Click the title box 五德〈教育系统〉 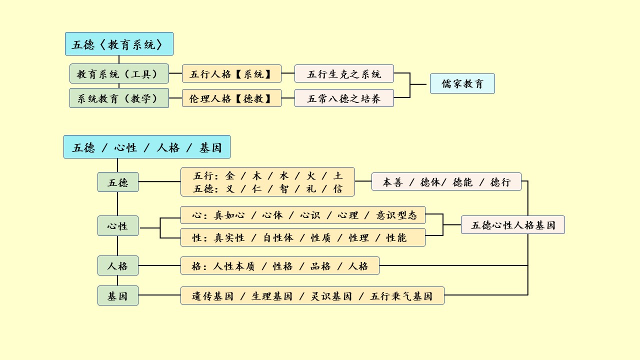pyautogui.click(x=119, y=44)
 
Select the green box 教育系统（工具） pyautogui.click(x=119, y=73)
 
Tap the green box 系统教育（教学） pyautogui.click(x=119, y=98)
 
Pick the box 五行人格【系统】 pyautogui.click(x=231, y=73)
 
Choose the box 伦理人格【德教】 pyautogui.click(x=231, y=98)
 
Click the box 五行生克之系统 pyautogui.click(x=344, y=73)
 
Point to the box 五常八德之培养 pyautogui.click(x=344, y=98)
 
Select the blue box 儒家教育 pyautogui.click(x=462, y=83)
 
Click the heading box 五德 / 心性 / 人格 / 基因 pyautogui.click(x=147, y=147)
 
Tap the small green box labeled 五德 pyautogui.click(x=118, y=182)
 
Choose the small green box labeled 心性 pyautogui.click(x=118, y=226)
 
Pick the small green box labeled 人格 pyautogui.click(x=118, y=265)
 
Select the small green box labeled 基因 pyautogui.click(x=118, y=295)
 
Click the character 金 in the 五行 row pyautogui.click(x=230, y=175)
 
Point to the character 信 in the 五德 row pyautogui.click(x=338, y=189)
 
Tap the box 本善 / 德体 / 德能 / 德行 pyautogui.click(x=446, y=181)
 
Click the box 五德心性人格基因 pyautogui.click(x=512, y=225)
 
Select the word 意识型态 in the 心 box pyautogui.click(x=396, y=215)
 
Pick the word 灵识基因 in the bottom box pyautogui.click(x=331, y=296)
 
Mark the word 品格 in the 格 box pyautogui.click(x=320, y=266)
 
